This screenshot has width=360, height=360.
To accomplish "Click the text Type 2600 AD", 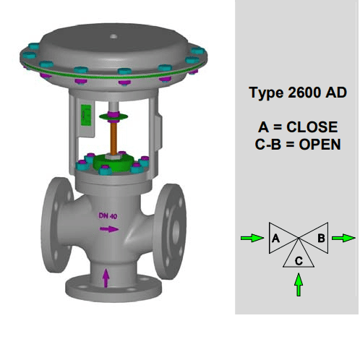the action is [298, 93].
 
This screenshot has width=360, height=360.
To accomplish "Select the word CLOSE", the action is [312, 127].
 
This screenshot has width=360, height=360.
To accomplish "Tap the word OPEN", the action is [320, 145].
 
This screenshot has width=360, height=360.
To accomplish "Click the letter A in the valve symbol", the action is [275, 239].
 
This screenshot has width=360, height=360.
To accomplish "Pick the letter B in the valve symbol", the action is [321, 238].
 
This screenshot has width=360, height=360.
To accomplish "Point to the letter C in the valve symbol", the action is [299, 261].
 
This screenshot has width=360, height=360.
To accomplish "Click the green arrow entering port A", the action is [252, 238].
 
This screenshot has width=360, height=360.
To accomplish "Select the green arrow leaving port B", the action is [343, 238].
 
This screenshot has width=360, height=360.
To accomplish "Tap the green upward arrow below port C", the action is [299, 285].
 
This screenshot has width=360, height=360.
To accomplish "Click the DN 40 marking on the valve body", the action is [108, 216].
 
